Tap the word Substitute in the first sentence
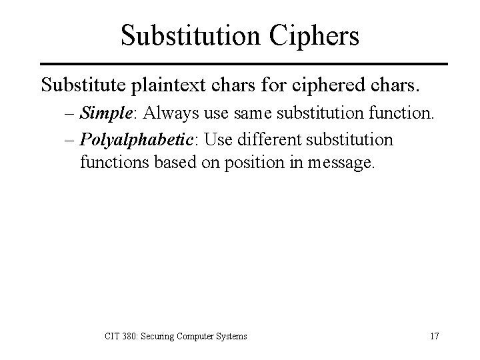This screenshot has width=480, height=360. pyautogui.click(x=86, y=85)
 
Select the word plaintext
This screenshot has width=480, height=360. pyautogui.click(x=170, y=85)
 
